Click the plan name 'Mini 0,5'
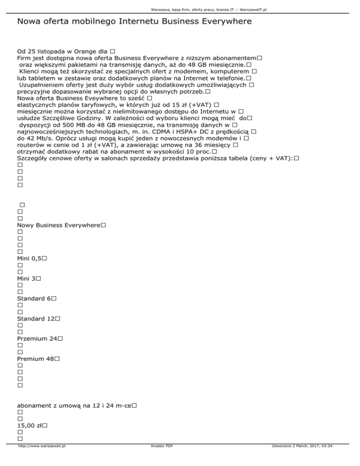point(30,258)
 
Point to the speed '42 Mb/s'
point(34,139)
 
